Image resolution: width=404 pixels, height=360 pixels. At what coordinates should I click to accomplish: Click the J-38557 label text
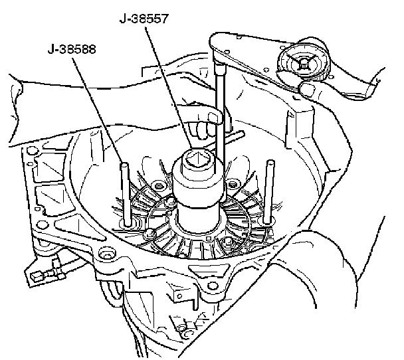(143, 19)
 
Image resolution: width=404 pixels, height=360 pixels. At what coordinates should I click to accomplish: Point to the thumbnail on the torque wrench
(308, 86)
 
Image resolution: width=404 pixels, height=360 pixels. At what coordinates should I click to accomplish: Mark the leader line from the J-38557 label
(166, 86)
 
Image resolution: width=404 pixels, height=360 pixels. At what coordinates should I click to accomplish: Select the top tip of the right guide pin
(270, 162)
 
